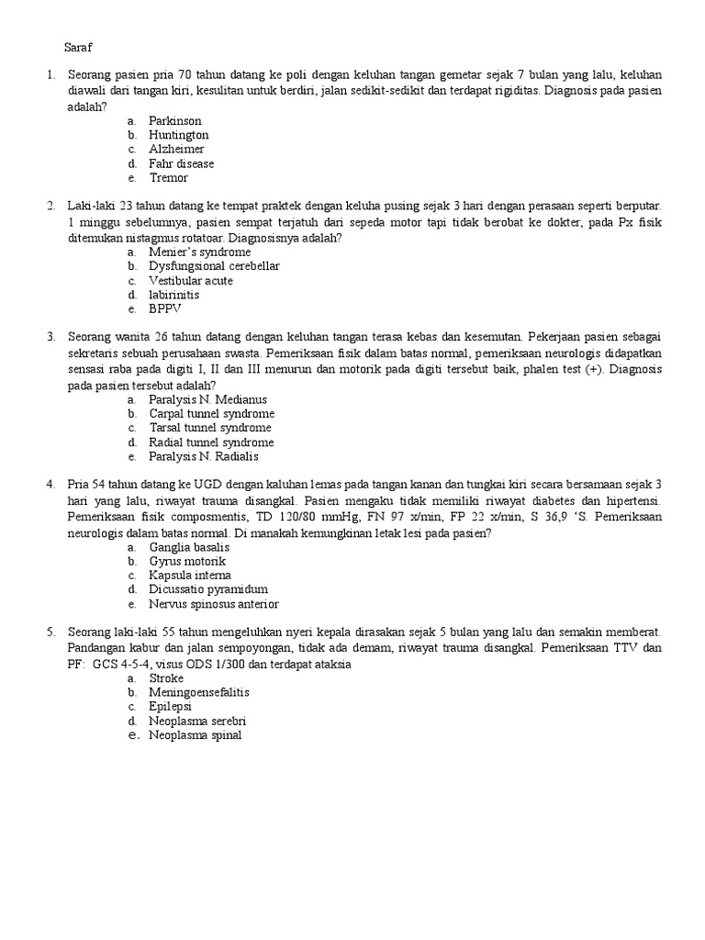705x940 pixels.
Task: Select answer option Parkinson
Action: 174,120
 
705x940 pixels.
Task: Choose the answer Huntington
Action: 178,135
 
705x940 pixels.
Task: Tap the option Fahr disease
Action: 181,163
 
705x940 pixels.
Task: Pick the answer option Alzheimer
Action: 176,149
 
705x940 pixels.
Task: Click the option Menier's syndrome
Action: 199,252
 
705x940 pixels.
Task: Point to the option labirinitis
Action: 173,295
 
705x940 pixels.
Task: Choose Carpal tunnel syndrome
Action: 211,413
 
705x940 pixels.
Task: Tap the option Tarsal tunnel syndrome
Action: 210,428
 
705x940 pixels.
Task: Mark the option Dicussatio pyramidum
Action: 208,589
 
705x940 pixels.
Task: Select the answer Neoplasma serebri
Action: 197,721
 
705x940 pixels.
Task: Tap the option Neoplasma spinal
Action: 196,735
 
